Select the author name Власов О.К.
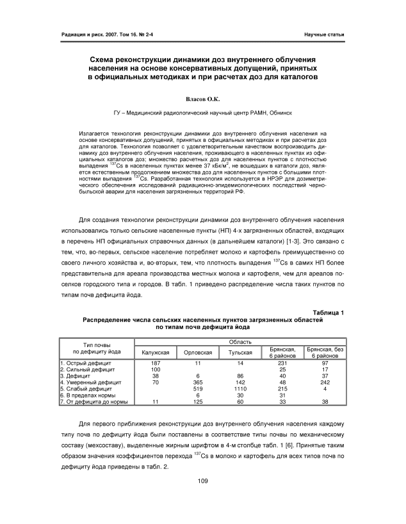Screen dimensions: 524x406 (x=202, y=100)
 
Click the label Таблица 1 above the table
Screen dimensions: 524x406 (x=327, y=312)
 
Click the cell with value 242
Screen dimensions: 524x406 (x=325, y=382)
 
